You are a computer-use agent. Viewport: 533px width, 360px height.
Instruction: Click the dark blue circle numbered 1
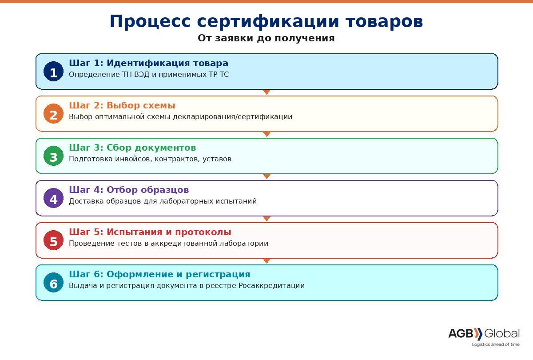pyautogui.click(x=54, y=72)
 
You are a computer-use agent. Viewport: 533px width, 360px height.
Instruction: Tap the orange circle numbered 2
pyautogui.click(x=54, y=114)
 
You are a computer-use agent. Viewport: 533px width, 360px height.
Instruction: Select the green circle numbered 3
pyautogui.click(x=54, y=156)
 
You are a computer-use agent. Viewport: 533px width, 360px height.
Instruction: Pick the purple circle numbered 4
pyautogui.click(x=54, y=198)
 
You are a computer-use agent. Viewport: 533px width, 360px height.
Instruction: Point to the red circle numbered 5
pyautogui.click(x=54, y=240)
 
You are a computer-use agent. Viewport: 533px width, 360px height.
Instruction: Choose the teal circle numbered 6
pyautogui.click(x=54, y=283)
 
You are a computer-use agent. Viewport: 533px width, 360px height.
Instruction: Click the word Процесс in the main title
pyautogui.click(x=151, y=22)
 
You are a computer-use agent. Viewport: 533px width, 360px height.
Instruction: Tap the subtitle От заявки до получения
pyautogui.click(x=266, y=38)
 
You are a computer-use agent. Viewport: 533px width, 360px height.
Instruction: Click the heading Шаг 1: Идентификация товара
pyautogui.click(x=148, y=63)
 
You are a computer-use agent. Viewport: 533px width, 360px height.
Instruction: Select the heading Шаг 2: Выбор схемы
pyautogui.click(x=122, y=105)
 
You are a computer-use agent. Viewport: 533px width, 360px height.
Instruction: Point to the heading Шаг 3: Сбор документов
pyautogui.click(x=132, y=148)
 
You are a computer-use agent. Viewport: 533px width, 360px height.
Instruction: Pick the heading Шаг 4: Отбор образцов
pyautogui.click(x=129, y=190)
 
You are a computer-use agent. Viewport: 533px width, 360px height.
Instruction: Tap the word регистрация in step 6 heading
pyautogui.click(x=218, y=274)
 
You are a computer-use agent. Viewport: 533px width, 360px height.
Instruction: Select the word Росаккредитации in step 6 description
pyautogui.click(x=271, y=285)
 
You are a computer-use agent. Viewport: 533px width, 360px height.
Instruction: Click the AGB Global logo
pyautogui.click(x=484, y=334)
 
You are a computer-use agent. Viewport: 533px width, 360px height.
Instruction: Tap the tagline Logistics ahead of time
pyautogui.click(x=496, y=344)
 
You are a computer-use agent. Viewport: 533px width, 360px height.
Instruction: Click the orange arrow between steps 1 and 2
pyautogui.click(x=267, y=92)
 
